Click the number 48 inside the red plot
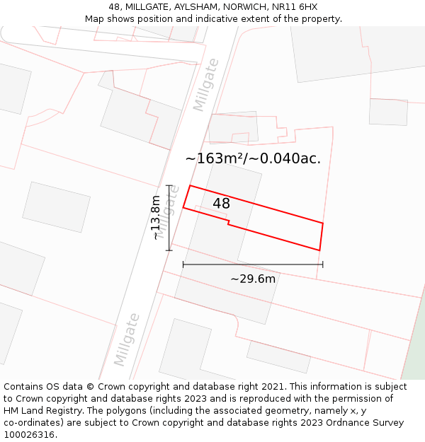coord(221,204)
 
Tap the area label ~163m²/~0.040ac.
coord(253,158)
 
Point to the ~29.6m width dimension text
coord(253,279)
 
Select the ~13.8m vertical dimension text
coord(156,218)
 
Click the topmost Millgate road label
coord(206,85)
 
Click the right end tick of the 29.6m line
coord(323,264)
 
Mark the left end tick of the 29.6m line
coord(183,264)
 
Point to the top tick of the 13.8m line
coord(169,185)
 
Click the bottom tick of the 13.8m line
coord(169,250)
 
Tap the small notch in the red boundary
coord(228,223)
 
